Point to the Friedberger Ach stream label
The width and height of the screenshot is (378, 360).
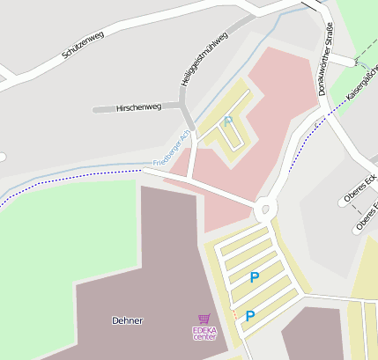tap(171, 151)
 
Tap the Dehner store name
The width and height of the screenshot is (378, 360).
tap(128, 320)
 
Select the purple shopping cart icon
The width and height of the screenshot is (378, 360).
tap(204, 320)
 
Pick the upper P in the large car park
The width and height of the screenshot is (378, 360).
tap(255, 277)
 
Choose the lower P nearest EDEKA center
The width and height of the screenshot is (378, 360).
tap(250, 315)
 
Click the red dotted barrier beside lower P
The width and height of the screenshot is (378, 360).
tap(234, 313)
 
